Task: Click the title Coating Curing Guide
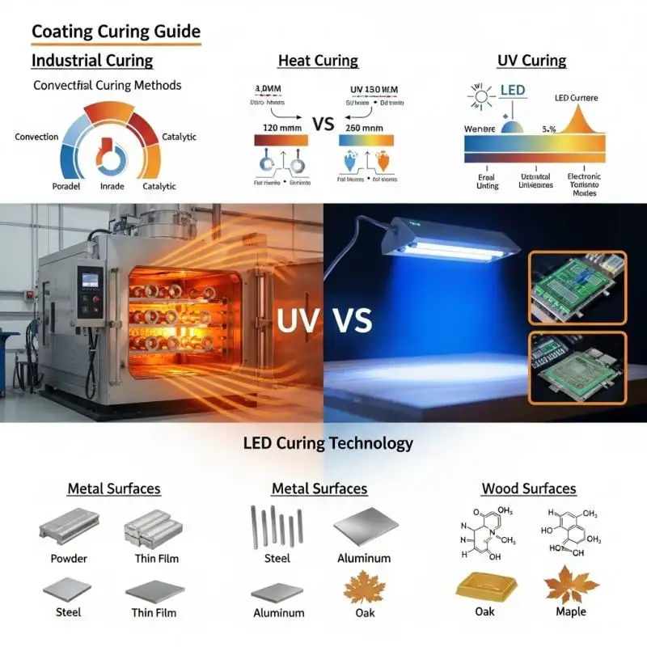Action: point(116,32)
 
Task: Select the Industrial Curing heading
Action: point(92,61)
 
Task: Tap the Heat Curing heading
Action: point(318,61)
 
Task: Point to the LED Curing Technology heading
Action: point(328,443)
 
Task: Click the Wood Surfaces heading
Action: point(529,488)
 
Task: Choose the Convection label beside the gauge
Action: point(36,137)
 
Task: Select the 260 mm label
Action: point(364,127)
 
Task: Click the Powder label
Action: point(69,558)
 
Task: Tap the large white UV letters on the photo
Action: point(298,320)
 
